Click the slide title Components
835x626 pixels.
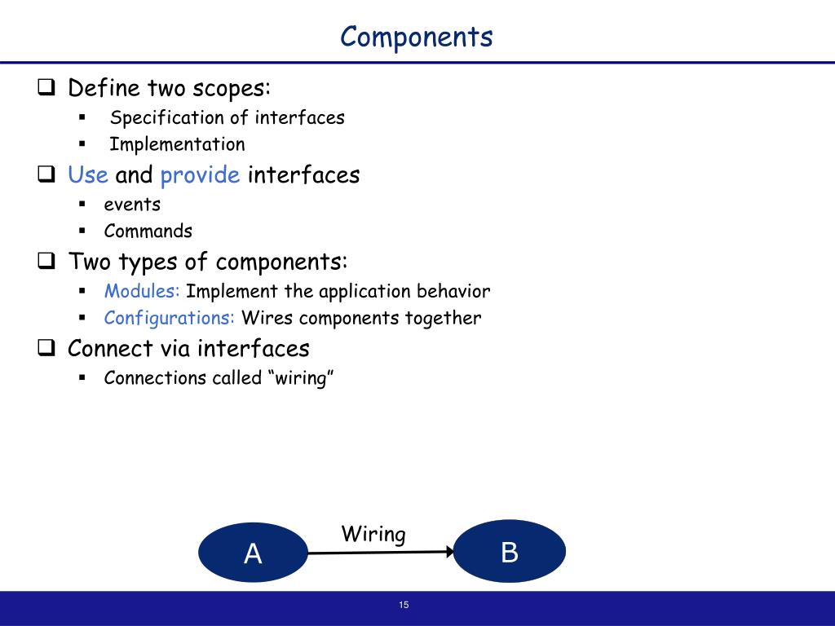click(417, 37)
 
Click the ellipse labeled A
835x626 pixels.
click(253, 553)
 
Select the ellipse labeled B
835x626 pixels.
click(510, 552)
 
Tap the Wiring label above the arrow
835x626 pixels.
click(373, 535)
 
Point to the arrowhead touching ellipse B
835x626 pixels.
click(448, 552)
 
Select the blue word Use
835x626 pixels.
click(88, 175)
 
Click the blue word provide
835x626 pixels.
click(200, 175)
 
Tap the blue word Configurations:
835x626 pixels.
click(170, 318)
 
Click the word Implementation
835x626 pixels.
click(177, 144)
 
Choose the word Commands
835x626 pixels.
click(148, 231)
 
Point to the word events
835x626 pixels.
click(132, 204)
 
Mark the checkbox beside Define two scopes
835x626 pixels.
click(46, 87)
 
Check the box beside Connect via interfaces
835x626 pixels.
click(46, 349)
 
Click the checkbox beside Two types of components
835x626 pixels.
click(46, 262)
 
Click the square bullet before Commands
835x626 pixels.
click(82, 231)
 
